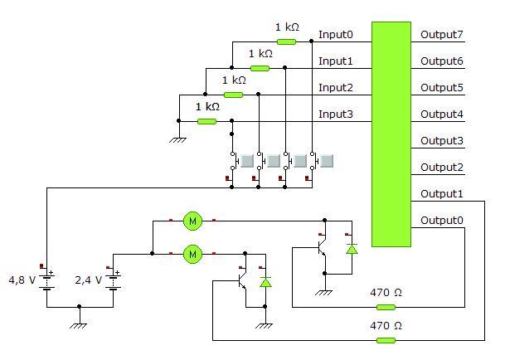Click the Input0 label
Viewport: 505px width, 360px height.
[x=336, y=35]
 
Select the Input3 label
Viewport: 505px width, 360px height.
[x=336, y=114]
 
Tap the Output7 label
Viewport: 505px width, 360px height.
[x=441, y=35]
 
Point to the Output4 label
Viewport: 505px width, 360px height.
[x=441, y=114]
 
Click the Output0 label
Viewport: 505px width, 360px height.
[x=441, y=221]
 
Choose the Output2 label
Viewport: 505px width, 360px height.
[x=441, y=168]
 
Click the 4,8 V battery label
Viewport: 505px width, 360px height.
[x=22, y=280]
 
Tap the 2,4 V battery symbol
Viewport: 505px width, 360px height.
[x=113, y=281]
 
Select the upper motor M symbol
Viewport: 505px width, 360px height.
[x=192, y=221]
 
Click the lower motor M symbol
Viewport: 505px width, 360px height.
[x=192, y=255]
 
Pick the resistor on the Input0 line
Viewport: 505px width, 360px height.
[x=286, y=41]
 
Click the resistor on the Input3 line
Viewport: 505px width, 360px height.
[x=206, y=121]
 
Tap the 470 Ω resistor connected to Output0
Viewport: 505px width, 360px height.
[x=386, y=307]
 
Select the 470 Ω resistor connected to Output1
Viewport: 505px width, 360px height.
[x=386, y=340]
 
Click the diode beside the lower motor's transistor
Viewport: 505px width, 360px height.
[x=265, y=282]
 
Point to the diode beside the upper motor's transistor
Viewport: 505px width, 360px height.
[x=352, y=249]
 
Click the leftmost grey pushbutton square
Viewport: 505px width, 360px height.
[x=247, y=161]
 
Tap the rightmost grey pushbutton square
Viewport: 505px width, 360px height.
[x=327, y=161]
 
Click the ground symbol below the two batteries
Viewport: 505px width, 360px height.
[x=79, y=326]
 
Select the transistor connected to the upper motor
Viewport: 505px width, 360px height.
[x=322, y=247]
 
